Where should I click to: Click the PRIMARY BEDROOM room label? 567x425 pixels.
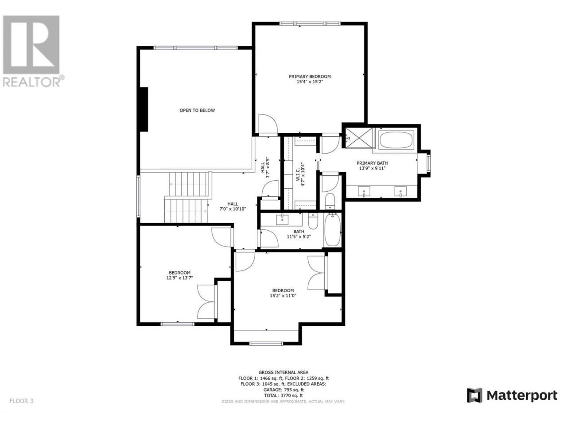point(310,77)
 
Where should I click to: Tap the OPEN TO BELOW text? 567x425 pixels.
point(197,110)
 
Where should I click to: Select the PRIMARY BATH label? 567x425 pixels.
point(372,163)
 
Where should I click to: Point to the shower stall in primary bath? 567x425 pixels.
point(359,138)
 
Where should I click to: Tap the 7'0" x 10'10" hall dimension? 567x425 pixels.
point(233,209)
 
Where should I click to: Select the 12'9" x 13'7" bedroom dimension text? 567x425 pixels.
point(179,278)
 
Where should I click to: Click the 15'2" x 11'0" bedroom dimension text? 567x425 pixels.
point(283,296)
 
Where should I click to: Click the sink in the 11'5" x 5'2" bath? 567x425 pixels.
point(282,219)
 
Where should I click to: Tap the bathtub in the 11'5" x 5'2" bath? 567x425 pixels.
point(333,230)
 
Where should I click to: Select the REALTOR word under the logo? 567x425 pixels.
point(31,82)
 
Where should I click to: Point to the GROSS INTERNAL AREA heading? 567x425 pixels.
point(283,372)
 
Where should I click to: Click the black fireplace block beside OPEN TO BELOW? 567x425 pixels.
point(144,109)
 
